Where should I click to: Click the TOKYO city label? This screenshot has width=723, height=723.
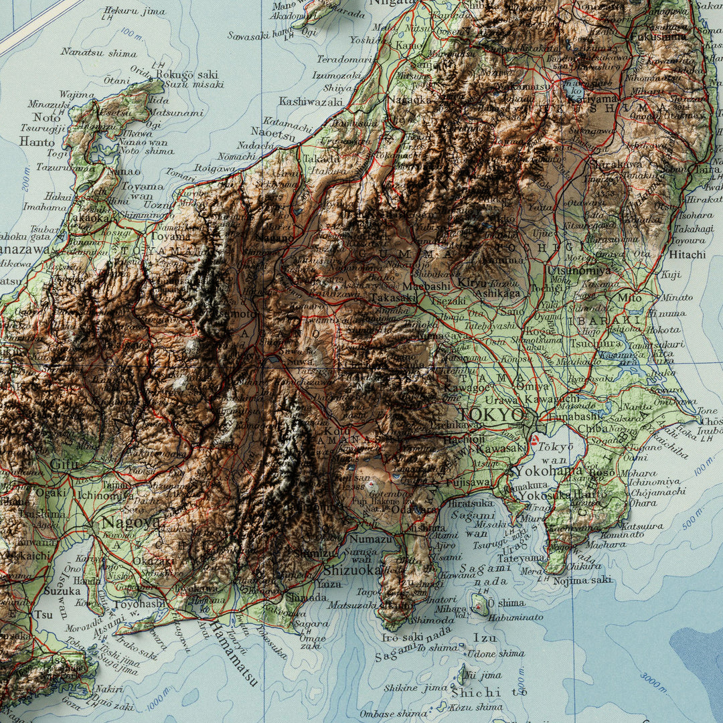click(x=494, y=415)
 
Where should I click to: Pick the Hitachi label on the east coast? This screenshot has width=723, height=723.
click(x=687, y=254)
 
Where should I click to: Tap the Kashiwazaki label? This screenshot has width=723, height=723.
click(x=311, y=102)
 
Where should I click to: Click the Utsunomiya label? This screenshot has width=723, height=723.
click(x=578, y=270)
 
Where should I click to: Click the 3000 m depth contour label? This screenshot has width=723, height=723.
click(x=654, y=682)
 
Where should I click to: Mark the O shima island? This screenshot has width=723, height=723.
click(x=479, y=605)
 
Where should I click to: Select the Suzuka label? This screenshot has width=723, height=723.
click(x=62, y=591)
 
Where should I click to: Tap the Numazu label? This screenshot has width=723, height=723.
click(x=370, y=539)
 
